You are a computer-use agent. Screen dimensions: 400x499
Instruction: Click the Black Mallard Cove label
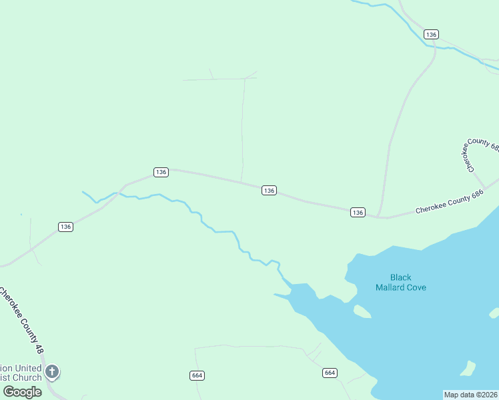point(400,282)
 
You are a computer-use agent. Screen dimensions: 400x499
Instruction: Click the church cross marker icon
point(52,371)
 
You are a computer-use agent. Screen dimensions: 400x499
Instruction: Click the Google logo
point(22,391)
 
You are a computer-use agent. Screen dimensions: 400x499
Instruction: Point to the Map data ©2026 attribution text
point(471,394)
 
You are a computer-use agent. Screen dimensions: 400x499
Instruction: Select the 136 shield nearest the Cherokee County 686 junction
point(358,212)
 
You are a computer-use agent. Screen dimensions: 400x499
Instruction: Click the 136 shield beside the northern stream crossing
point(431,34)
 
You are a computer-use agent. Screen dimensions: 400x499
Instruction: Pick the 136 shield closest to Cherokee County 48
point(65,227)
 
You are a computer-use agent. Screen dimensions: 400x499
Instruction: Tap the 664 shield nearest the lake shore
point(330,373)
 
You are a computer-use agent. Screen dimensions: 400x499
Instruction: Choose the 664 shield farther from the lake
point(196,375)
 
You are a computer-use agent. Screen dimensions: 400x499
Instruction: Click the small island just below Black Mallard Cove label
point(362,311)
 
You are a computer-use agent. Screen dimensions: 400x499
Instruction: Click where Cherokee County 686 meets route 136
point(380,217)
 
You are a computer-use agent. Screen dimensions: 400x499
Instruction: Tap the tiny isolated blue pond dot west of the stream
point(21,215)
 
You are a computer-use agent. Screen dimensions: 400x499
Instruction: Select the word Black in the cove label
point(401,277)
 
